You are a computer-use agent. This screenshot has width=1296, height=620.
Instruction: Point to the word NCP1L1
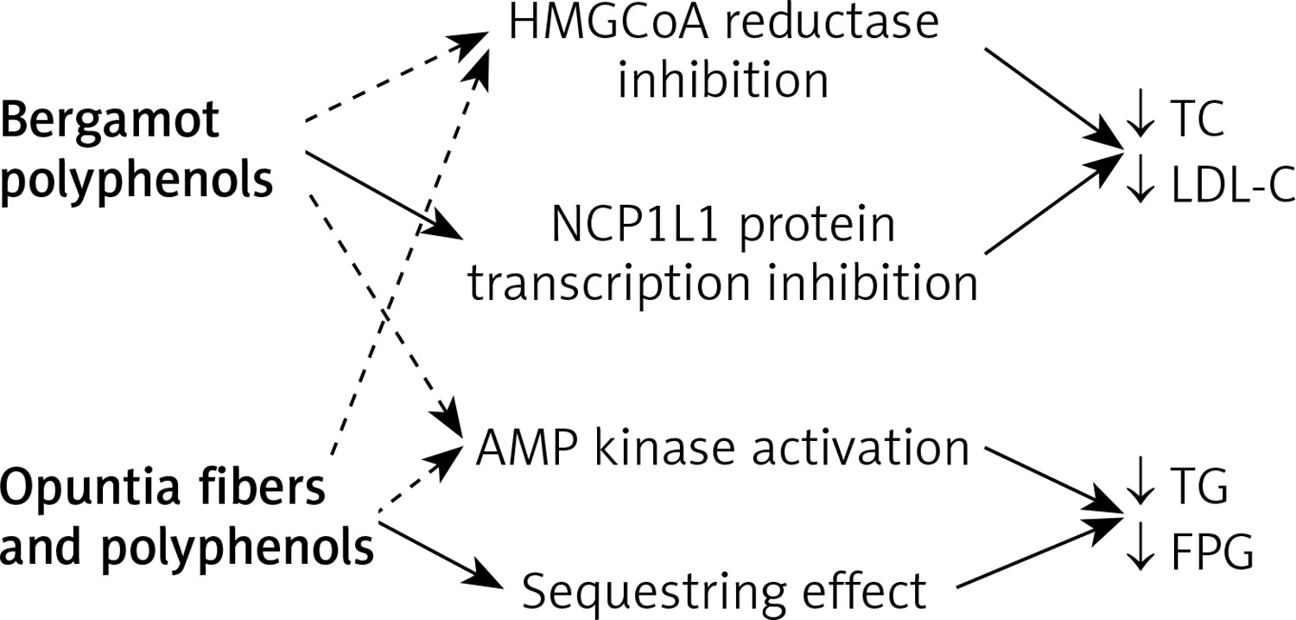635,225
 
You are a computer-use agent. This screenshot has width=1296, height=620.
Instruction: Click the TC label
1197,118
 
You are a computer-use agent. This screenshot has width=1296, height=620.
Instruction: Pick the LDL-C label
1233,185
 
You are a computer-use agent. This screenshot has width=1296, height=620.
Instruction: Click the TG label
1199,487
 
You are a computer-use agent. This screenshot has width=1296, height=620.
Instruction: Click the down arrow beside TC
1140,113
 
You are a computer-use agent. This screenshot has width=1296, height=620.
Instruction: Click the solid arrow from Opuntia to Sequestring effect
441,554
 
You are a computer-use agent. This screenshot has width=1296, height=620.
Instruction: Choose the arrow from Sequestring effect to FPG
1040,553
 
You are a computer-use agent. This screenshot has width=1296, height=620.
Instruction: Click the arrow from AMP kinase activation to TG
1054,480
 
